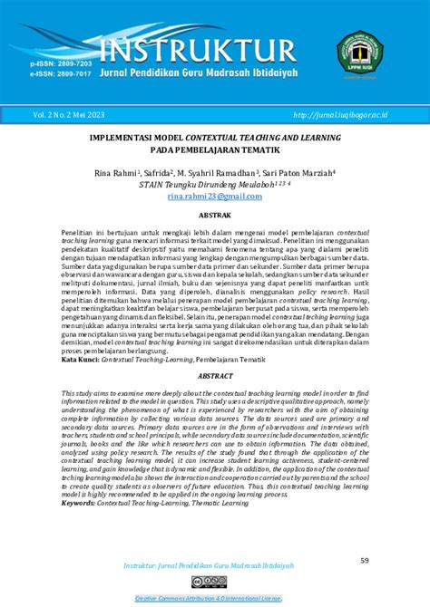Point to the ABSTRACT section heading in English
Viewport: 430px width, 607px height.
[x=215, y=374]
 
